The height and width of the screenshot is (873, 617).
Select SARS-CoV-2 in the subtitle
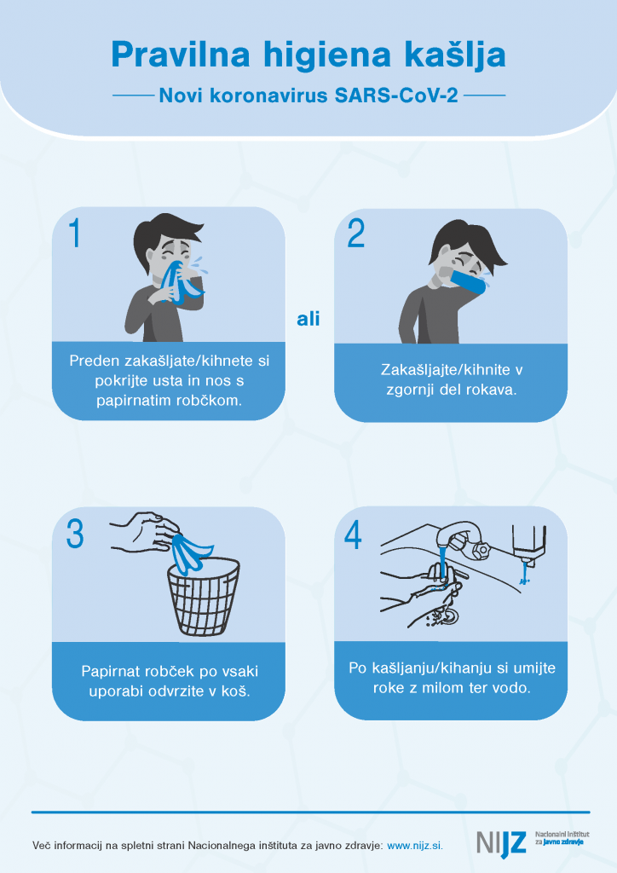[x=396, y=95]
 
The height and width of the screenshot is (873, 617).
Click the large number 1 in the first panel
[x=74, y=233]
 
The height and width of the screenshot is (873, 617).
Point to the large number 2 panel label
[x=356, y=234]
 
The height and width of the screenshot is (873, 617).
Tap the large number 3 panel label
[x=75, y=534]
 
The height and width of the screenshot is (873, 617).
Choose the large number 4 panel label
[x=354, y=535]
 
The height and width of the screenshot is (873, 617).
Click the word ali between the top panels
[x=308, y=319]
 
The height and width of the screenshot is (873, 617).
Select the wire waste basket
[x=204, y=596]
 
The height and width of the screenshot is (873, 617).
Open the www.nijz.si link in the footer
[x=415, y=846]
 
